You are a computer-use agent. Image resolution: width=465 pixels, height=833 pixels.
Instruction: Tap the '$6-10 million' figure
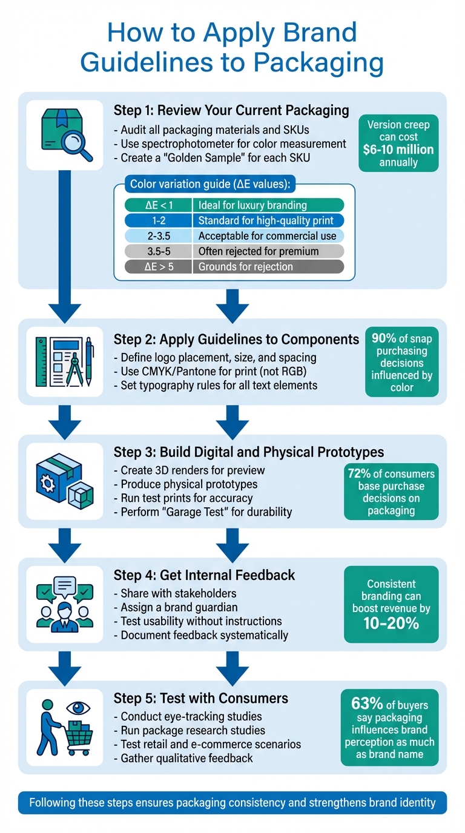pyautogui.click(x=398, y=150)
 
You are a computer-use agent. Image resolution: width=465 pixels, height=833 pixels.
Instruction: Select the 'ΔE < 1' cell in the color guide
pyautogui.click(x=159, y=205)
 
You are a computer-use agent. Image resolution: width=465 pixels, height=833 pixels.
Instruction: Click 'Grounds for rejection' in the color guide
pyautogui.click(x=245, y=266)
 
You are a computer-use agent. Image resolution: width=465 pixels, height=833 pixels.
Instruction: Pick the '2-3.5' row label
pyautogui.click(x=159, y=235)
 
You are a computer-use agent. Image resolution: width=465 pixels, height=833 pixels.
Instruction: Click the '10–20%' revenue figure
pyautogui.click(x=391, y=624)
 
